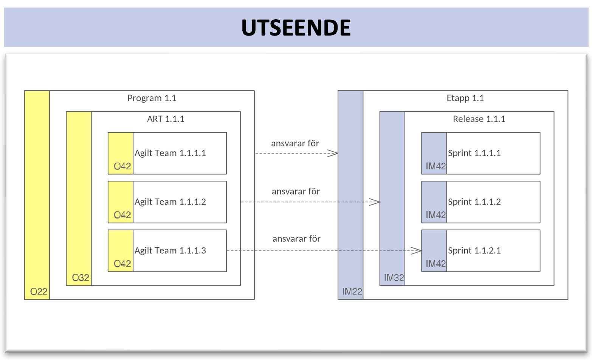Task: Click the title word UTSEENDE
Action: coord(296,28)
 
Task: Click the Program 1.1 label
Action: coord(152,98)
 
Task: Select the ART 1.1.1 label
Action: coord(166,119)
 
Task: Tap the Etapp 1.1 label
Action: coord(465,98)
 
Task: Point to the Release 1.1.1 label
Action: coord(479,119)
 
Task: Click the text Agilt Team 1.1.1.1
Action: coord(170,153)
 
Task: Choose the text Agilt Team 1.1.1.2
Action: coord(170,202)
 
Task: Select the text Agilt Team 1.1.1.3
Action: coord(170,251)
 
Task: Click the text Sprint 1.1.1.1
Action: coord(474,153)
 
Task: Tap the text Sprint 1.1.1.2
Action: coord(474,202)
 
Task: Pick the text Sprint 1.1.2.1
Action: coord(474,251)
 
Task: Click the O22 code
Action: coord(39,292)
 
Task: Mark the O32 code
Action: coord(81,278)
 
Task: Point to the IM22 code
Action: coord(352,292)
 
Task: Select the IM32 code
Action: coord(394,278)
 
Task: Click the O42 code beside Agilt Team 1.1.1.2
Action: coord(122,215)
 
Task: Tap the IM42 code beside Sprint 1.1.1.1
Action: coord(435,166)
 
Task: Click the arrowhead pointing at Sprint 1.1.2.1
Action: coord(416,251)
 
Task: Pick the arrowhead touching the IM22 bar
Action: coord(332,153)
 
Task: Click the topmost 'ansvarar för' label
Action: coord(295,144)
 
